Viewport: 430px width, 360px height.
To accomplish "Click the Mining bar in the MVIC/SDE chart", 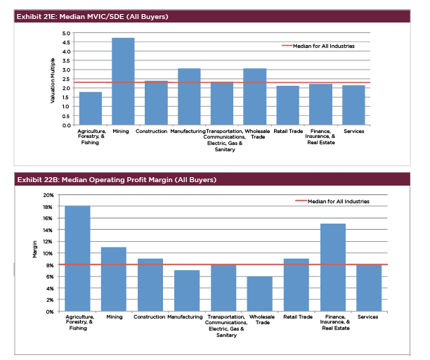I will pyautogui.click(x=123, y=82).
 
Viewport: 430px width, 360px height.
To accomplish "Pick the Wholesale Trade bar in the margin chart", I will pyautogui.click(x=260, y=294).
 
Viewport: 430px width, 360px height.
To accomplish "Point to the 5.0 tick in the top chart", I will pyautogui.click(x=66, y=33).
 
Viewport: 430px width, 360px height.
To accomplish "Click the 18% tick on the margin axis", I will pyautogui.click(x=48, y=207).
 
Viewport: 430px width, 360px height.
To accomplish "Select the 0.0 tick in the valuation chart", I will pyautogui.click(x=66, y=125).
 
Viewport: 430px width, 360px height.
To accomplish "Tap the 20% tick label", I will pyautogui.click(x=48, y=195).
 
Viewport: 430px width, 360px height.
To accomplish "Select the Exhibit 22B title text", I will pyautogui.click(x=117, y=180).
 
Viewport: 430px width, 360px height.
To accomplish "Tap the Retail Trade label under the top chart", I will pyautogui.click(x=287, y=131).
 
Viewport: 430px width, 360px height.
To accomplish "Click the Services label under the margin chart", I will pyautogui.click(x=367, y=317).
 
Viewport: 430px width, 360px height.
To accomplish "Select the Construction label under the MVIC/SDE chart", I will pyautogui.click(x=152, y=131).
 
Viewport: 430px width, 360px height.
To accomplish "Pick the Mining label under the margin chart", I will pyautogui.click(x=115, y=317).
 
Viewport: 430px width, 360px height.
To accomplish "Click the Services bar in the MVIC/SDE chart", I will pyautogui.click(x=353, y=105).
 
